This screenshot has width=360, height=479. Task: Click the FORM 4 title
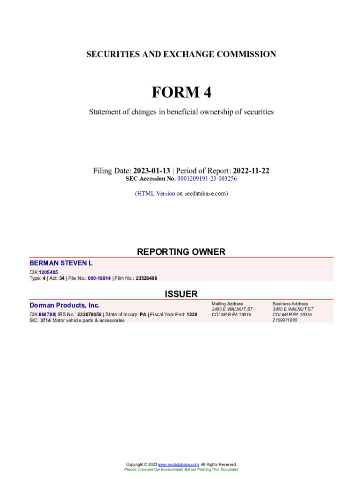pyautogui.click(x=181, y=93)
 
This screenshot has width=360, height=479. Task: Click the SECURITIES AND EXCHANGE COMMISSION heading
pyautogui.click(x=181, y=54)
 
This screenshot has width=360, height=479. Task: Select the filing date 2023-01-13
pyautogui.click(x=151, y=171)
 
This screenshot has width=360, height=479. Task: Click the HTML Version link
pyautogui.click(x=156, y=193)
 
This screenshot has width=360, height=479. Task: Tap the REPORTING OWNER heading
pyautogui.click(x=181, y=252)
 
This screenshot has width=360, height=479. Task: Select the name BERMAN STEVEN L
pyautogui.click(x=61, y=263)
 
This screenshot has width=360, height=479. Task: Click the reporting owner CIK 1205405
pyautogui.click(x=48, y=272)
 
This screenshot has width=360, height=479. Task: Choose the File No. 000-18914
pyautogui.click(x=100, y=278)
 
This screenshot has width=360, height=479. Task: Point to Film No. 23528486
pyautogui.click(x=146, y=278)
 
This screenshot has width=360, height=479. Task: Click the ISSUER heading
pyautogui.click(x=181, y=294)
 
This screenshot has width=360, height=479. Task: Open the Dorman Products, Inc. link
pyautogui.click(x=65, y=305)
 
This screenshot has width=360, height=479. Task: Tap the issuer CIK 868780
pyautogui.click(x=47, y=315)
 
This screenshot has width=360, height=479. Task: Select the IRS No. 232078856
pyautogui.click(x=89, y=315)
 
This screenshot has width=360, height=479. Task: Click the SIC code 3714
pyautogui.click(x=45, y=321)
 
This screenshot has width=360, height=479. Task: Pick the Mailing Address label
pyautogui.click(x=227, y=304)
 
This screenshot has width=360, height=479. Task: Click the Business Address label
pyautogui.click(x=290, y=304)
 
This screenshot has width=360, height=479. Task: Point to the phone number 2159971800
pyautogui.click(x=284, y=320)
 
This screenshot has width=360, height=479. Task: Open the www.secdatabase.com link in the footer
pyautogui.click(x=179, y=464)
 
